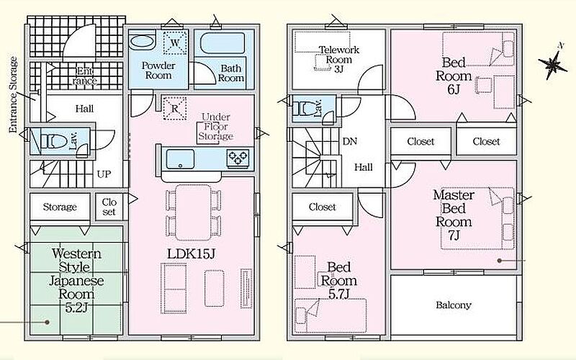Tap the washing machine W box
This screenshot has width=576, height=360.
pyautogui.click(x=175, y=43)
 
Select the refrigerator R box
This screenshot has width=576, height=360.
pyautogui.click(x=175, y=109)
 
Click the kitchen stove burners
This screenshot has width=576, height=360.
pyautogui.click(x=238, y=158)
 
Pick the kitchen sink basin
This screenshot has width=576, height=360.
pyautogui.click(x=181, y=159)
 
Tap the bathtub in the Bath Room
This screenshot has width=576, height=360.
pyautogui.click(x=222, y=44)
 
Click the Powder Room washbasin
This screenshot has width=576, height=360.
pyautogui.click(x=142, y=42)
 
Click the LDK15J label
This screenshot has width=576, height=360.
pyautogui.click(x=190, y=254)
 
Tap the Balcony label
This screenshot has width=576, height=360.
pyautogui.click(x=454, y=305)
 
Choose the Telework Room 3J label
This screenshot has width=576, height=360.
pyautogui.click(x=338, y=59)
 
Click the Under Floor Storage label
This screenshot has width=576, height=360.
pyautogui.click(x=216, y=127)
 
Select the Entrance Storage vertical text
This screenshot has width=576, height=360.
pyautogui.click(x=14, y=94)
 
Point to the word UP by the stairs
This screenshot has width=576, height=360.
pyautogui.click(x=104, y=174)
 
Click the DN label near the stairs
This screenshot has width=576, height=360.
pyautogui.click(x=349, y=141)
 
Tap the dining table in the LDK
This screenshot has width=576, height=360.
pyautogui.click(x=193, y=212)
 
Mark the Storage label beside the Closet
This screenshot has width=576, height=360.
pyautogui.click(x=60, y=207)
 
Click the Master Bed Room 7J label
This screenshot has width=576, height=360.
pyautogui.click(x=454, y=215)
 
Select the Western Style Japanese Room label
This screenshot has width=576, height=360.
pyautogui.click(x=77, y=280)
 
